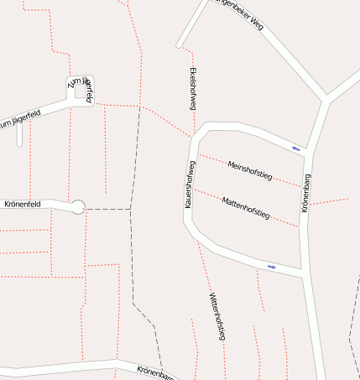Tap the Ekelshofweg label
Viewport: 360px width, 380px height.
[x=193, y=88]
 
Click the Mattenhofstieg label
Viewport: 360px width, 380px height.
[x=245, y=208]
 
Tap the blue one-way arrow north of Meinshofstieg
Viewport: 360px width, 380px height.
[x=295, y=148]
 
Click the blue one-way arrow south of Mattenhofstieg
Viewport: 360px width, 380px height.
[x=271, y=267]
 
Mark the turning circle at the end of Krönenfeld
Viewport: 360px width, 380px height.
[x=78, y=207]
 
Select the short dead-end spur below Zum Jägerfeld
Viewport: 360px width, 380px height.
[x=19, y=136]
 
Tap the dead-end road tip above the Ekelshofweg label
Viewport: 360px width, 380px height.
[x=179, y=45]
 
